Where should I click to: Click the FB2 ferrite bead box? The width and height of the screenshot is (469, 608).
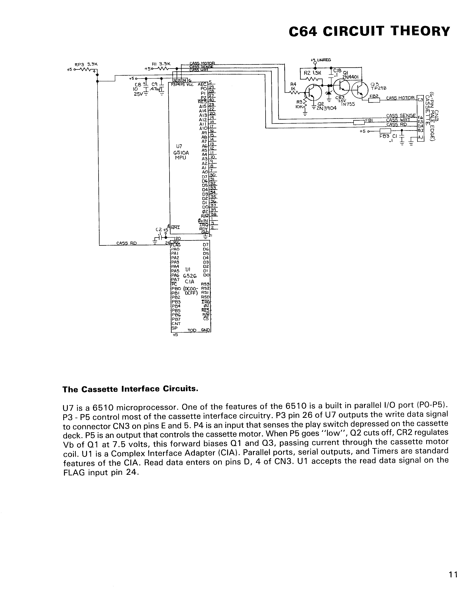coord(374,100)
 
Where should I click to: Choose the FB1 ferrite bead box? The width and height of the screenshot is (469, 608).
coord(359,122)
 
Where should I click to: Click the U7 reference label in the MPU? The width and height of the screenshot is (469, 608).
coord(179,146)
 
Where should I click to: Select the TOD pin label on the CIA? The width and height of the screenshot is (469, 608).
coord(192,330)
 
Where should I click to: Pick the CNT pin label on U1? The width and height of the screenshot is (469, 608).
coord(176,324)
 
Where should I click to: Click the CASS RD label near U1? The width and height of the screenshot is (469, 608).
coord(127,243)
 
